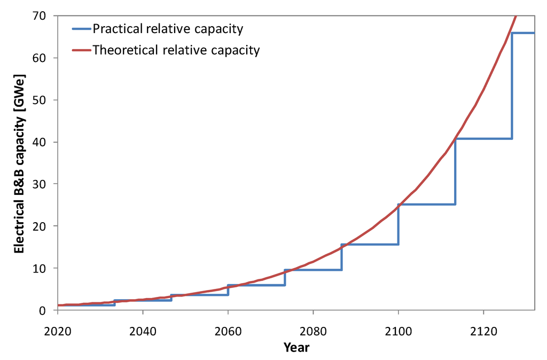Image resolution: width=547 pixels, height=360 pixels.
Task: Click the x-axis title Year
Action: click(x=296, y=347)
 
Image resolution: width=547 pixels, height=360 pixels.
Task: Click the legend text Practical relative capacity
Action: click(x=167, y=28)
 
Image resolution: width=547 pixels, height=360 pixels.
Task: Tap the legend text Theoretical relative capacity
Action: click(x=176, y=50)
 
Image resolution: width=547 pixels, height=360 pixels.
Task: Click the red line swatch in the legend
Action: click(x=81, y=51)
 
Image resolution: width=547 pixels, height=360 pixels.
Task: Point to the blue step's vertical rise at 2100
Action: click(x=398, y=224)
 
